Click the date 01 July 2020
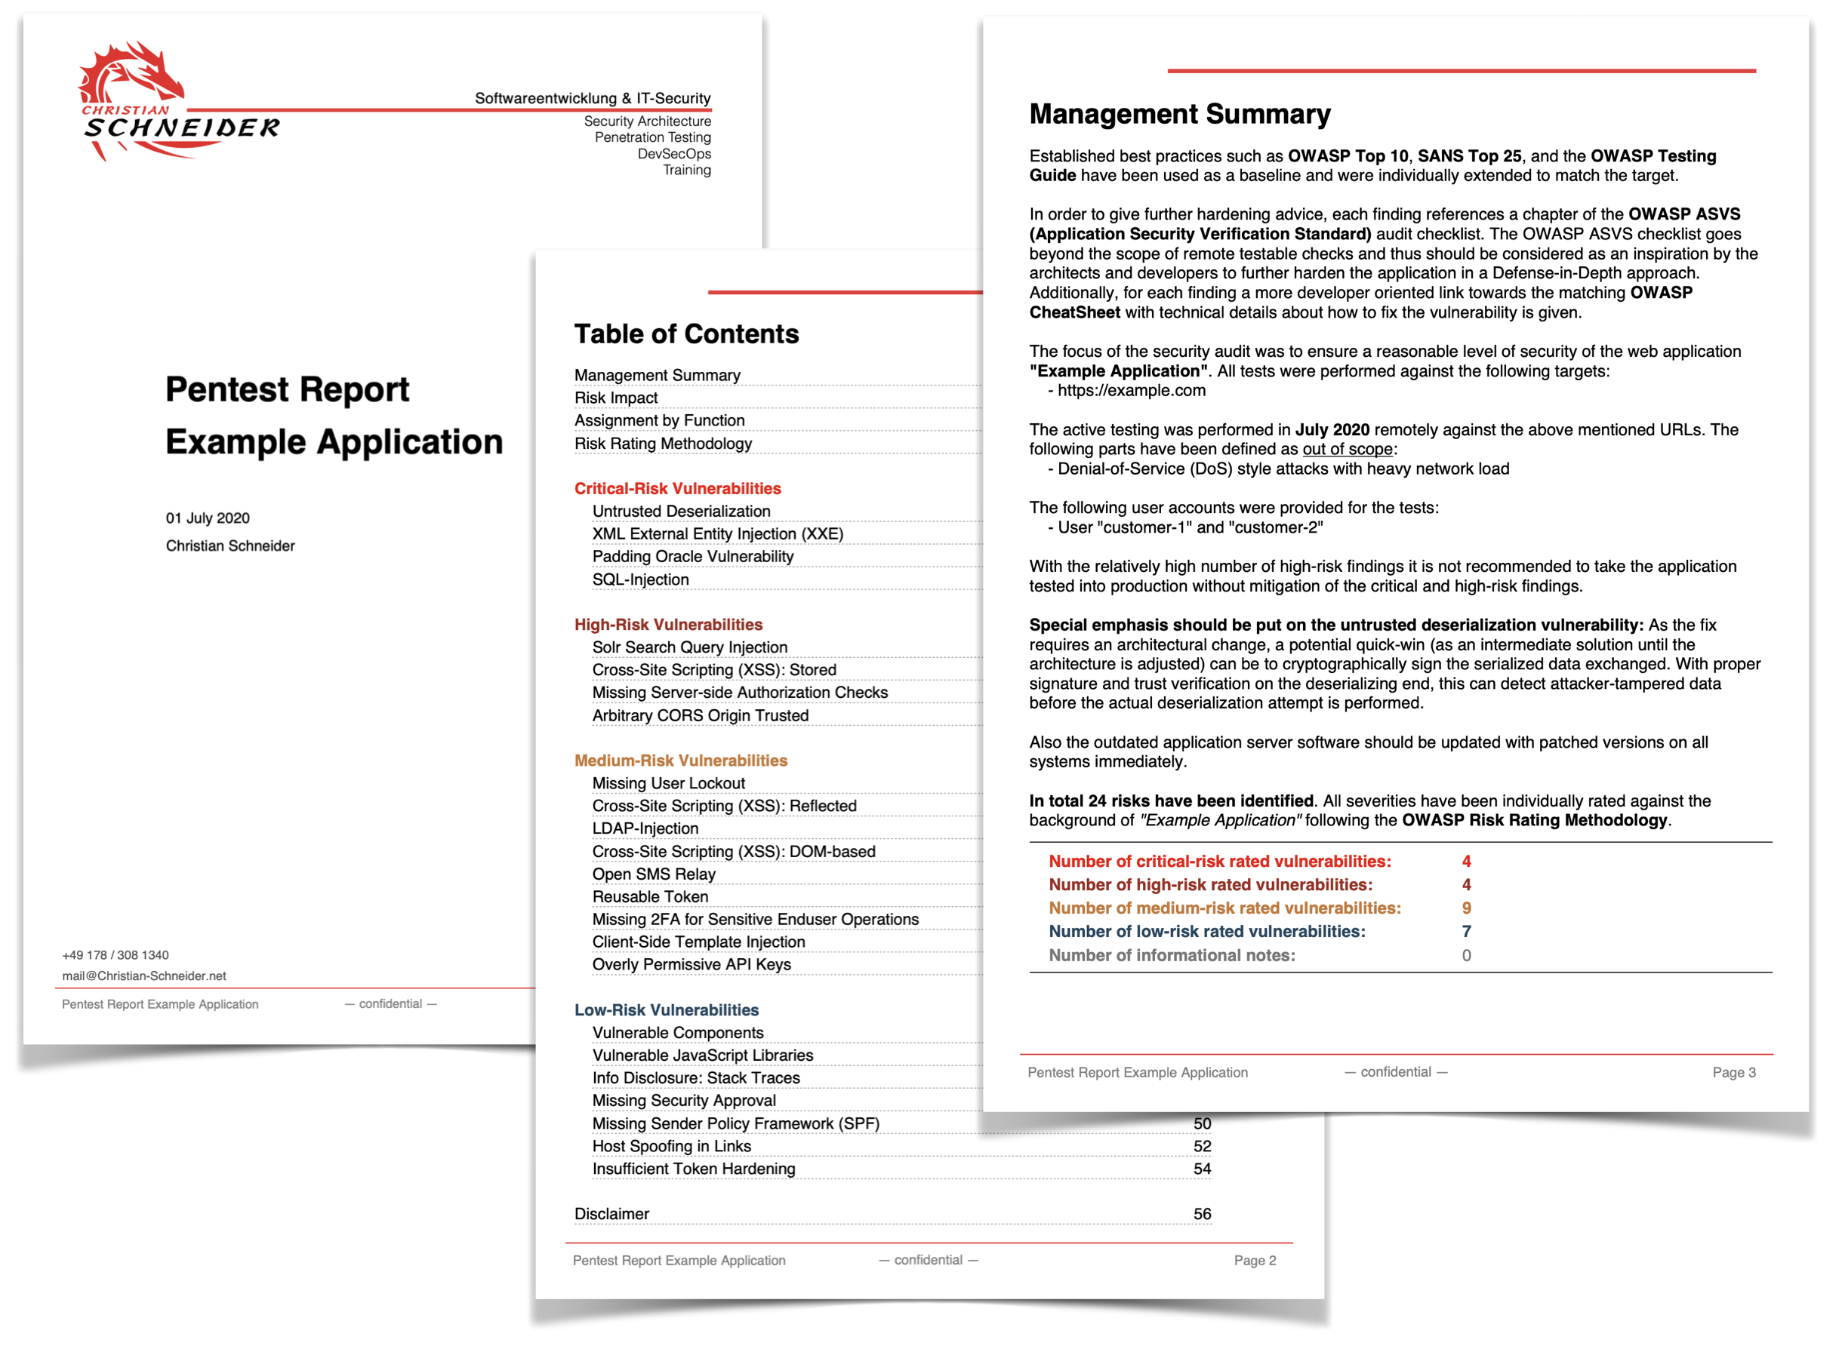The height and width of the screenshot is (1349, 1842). pos(208,518)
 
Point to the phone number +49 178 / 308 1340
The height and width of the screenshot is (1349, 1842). pos(116,954)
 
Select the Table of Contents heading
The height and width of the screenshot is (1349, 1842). pos(686,334)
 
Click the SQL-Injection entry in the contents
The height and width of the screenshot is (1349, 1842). pos(640,579)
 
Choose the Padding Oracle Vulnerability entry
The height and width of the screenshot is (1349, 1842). pos(693,557)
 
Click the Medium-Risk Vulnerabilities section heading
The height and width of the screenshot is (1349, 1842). pos(680,761)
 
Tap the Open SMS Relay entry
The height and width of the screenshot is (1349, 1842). pos(654,874)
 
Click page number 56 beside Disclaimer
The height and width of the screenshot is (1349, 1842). pos(1202,1214)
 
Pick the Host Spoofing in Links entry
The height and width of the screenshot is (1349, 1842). pos(671,1146)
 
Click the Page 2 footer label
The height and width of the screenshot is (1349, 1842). pos(1255,1260)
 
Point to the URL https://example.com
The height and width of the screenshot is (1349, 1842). pos(1132,390)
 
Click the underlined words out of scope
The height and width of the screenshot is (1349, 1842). pos(1347,449)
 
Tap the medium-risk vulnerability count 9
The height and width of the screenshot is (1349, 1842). pos(1466,908)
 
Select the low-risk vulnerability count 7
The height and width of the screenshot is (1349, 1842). pos(1466,932)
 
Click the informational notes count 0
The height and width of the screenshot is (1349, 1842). pos(1466,955)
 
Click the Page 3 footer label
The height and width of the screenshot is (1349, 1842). pos(1733,1072)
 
